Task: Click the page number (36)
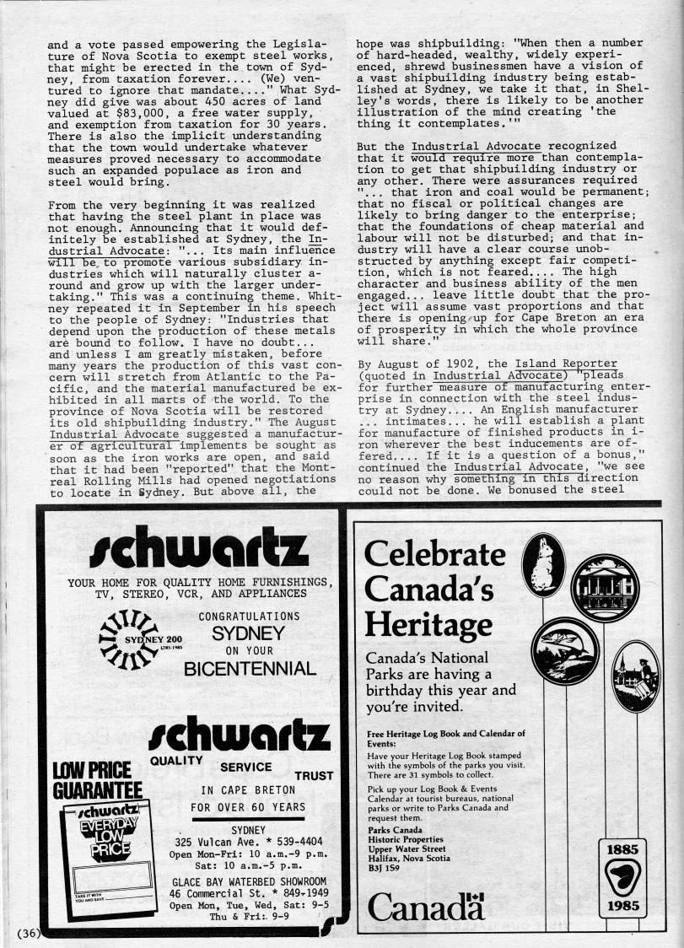click(28, 932)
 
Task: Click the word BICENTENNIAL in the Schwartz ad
click(250, 669)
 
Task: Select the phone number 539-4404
click(283, 841)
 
